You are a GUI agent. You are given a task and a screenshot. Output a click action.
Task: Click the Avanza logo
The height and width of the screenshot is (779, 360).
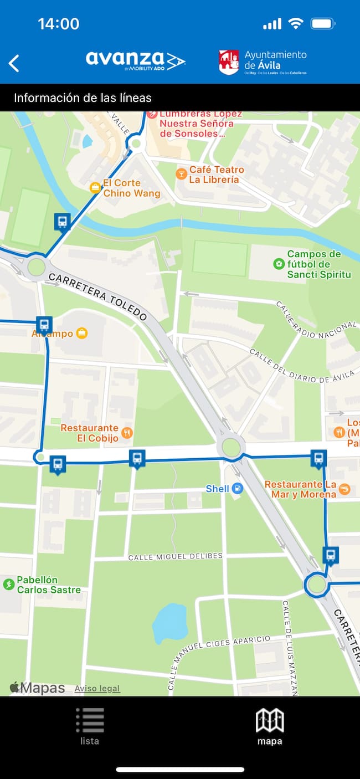point(135,60)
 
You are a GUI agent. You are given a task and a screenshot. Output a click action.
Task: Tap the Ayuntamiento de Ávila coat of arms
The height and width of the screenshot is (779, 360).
point(229,63)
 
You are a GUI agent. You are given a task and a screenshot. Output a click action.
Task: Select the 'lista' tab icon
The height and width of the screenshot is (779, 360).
point(90,720)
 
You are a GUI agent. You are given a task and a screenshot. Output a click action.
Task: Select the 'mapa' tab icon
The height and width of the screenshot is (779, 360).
point(270,720)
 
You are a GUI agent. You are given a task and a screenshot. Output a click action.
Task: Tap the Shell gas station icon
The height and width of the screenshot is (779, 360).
point(237,489)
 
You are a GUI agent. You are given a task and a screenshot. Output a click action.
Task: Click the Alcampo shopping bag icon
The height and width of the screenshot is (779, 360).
point(83,333)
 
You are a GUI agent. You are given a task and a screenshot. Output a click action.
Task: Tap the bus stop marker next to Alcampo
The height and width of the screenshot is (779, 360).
point(44,325)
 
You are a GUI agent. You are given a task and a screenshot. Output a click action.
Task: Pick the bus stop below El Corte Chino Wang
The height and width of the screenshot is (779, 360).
point(62,222)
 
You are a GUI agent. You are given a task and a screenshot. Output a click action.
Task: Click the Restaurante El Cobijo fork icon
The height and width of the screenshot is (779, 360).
point(127,433)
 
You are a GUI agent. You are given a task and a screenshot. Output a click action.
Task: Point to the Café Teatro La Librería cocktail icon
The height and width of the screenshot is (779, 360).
point(181,174)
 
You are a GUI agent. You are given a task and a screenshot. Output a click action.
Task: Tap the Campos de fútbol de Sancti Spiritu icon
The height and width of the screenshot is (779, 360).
point(279,264)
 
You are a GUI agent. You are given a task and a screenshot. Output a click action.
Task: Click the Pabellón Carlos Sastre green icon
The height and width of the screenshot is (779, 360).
point(9,584)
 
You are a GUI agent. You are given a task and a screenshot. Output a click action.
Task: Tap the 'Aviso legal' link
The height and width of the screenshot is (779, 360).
point(97,689)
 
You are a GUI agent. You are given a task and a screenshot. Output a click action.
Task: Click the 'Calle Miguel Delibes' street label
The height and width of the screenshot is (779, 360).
point(175,556)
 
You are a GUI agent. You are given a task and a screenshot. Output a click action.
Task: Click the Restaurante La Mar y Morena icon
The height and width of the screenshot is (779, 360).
point(344,489)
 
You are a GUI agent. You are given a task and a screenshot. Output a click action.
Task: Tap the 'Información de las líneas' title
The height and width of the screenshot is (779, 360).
point(83,98)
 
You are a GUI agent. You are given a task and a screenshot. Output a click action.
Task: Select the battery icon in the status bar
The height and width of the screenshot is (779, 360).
point(322,24)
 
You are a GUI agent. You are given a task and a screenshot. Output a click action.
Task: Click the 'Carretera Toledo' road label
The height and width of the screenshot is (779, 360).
point(97,296)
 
